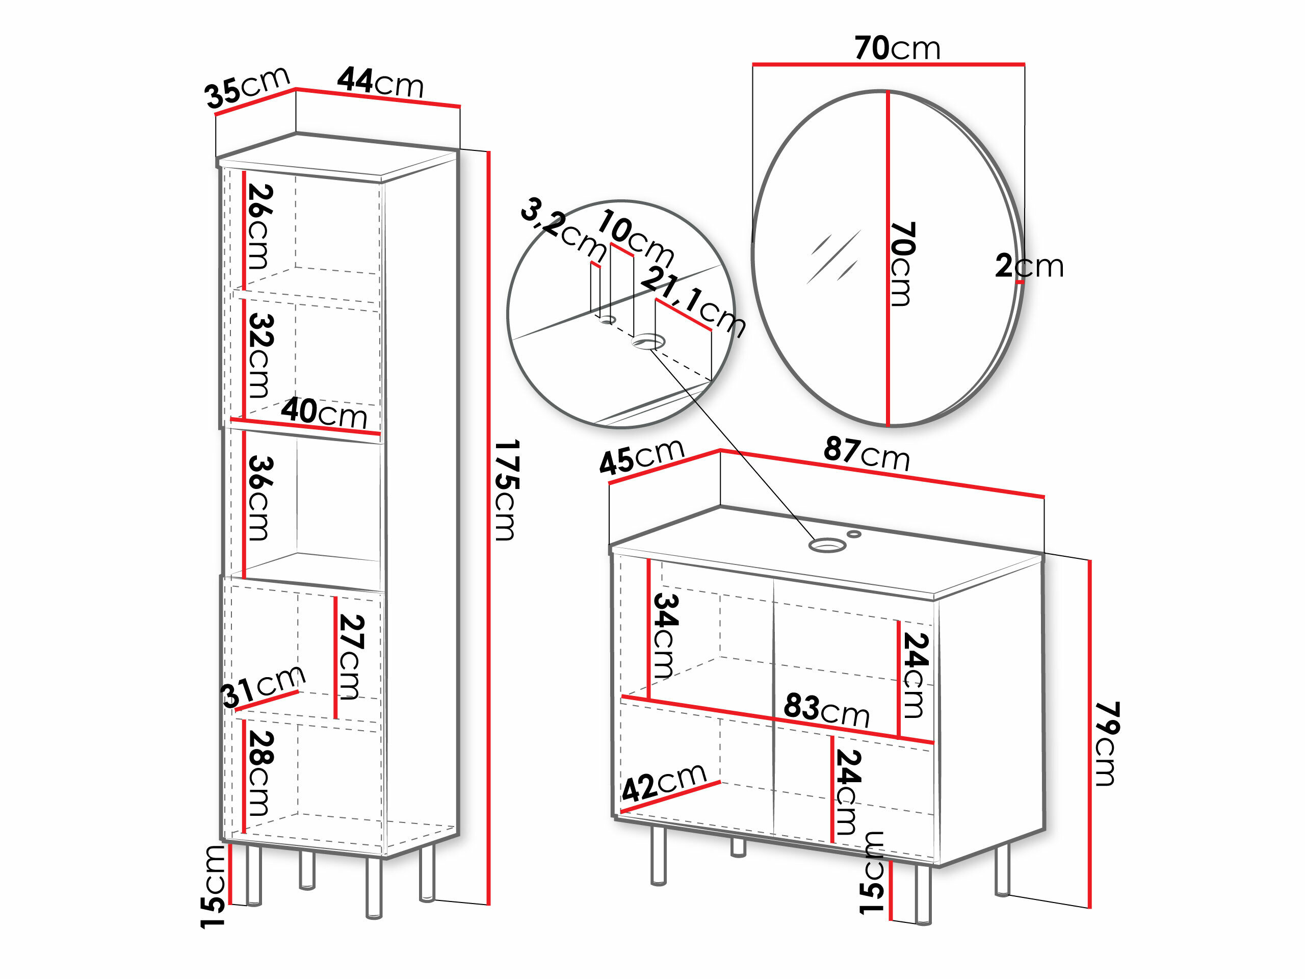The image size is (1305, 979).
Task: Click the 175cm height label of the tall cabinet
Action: coord(506,490)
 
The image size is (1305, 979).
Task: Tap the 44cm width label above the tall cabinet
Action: coord(380,82)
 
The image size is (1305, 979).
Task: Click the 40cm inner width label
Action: coord(324,412)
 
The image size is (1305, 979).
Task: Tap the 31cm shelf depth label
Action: coord(263,686)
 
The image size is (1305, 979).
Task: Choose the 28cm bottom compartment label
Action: coord(259,773)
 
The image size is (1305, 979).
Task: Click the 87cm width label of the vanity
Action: coord(867,453)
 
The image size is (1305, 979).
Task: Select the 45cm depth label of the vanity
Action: coord(642,457)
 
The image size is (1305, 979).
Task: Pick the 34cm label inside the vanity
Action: coord(665,635)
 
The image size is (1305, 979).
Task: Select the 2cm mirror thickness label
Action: coord(1030,266)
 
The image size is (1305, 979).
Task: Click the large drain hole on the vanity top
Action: coord(827,545)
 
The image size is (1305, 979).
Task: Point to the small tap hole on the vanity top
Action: coord(854,534)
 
